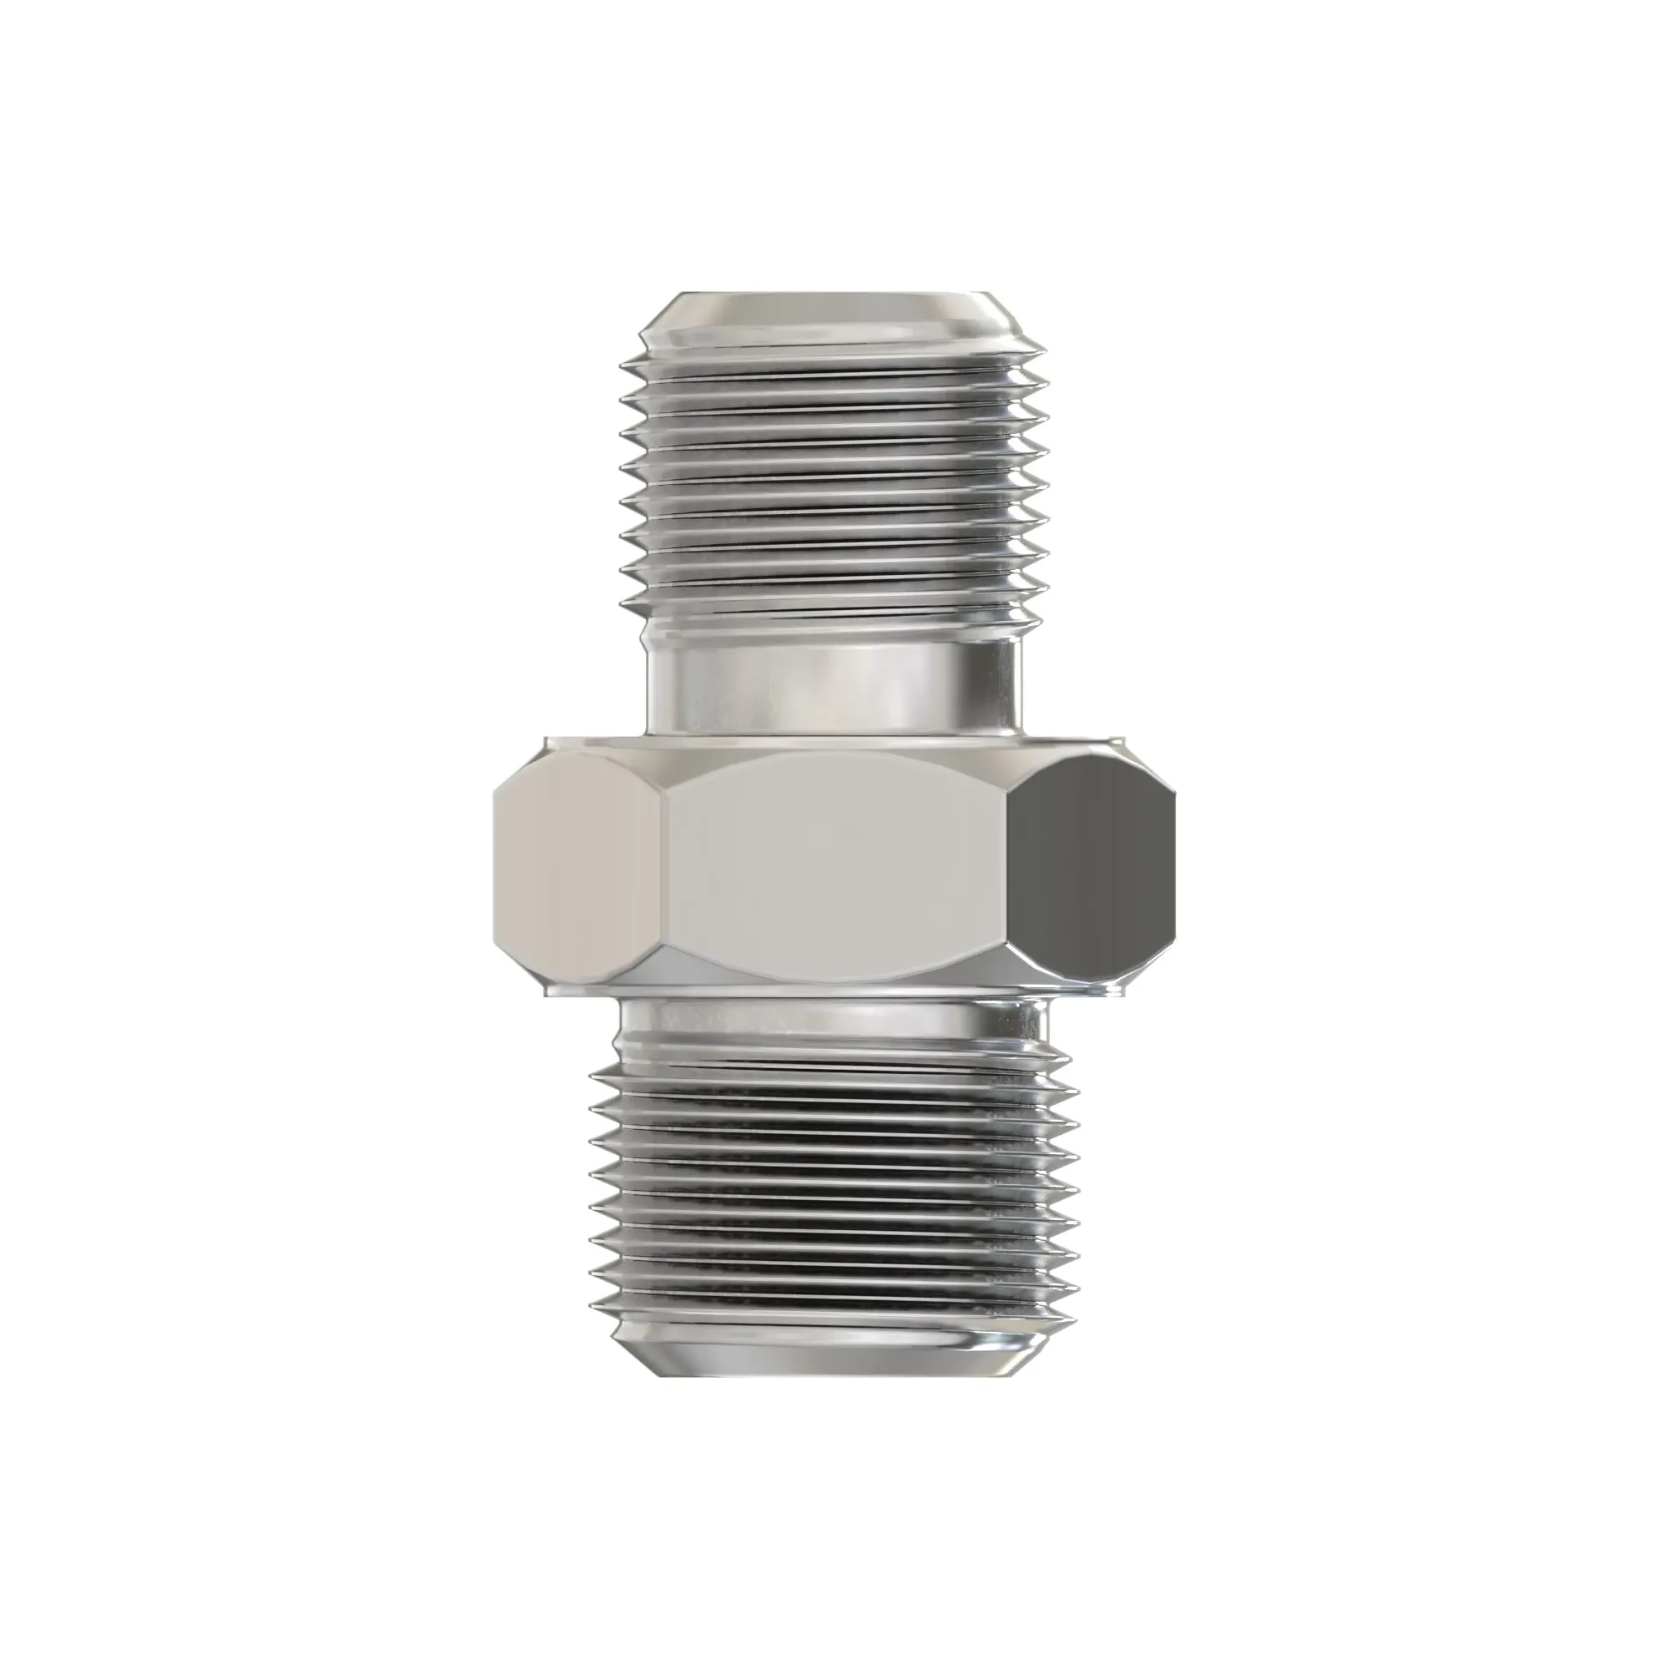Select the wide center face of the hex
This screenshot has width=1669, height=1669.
[x=836, y=864]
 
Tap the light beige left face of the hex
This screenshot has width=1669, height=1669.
[x=579, y=864]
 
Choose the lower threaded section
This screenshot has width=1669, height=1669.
[x=834, y=1201]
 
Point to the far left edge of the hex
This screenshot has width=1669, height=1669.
[x=495, y=864]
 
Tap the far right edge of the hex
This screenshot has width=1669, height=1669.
[x=1175, y=864]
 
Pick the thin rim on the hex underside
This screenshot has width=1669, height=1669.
[x=834, y=990]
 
